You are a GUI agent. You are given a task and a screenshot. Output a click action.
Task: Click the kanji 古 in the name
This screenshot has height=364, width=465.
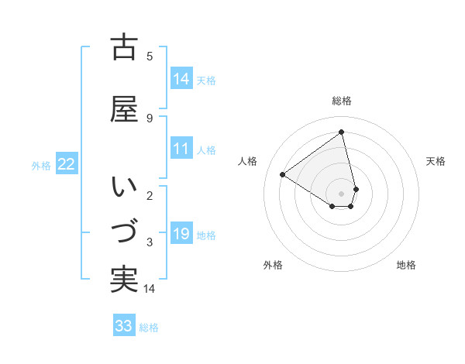point(124,48)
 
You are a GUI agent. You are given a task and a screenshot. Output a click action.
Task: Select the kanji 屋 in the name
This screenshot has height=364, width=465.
point(124,110)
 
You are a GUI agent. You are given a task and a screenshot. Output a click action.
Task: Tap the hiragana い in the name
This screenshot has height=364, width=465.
point(124,187)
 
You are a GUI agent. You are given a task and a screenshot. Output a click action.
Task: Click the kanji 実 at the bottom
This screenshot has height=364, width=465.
point(124,279)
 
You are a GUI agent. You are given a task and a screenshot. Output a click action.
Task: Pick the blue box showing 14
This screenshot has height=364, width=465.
point(181,80)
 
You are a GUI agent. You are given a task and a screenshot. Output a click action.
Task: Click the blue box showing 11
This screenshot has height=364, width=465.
point(181,149)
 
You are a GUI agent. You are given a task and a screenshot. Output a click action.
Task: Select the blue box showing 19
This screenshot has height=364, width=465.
point(181,235)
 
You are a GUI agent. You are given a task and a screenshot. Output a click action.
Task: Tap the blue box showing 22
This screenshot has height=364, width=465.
point(66,165)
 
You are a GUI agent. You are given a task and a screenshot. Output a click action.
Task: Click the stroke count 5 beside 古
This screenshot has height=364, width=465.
point(150,56)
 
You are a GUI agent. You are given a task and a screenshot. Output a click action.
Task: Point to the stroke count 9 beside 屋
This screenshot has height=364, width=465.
point(150,118)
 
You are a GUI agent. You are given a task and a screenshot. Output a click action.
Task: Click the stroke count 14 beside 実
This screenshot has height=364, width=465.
point(150,289)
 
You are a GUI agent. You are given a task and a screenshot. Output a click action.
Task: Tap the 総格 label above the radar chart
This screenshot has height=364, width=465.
point(342,101)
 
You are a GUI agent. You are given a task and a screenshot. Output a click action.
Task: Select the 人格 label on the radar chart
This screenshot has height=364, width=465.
point(248,161)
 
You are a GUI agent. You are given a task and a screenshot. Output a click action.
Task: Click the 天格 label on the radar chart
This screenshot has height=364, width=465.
point(436,161)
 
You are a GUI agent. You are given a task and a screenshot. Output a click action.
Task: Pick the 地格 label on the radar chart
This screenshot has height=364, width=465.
point(406,265)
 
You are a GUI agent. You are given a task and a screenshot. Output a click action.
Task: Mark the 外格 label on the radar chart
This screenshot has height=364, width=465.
point(273,265)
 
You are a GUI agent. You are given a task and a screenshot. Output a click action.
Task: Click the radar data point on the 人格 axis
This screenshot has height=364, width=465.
point(283,175)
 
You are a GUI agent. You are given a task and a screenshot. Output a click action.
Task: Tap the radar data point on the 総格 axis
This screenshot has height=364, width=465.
point(342,132)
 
